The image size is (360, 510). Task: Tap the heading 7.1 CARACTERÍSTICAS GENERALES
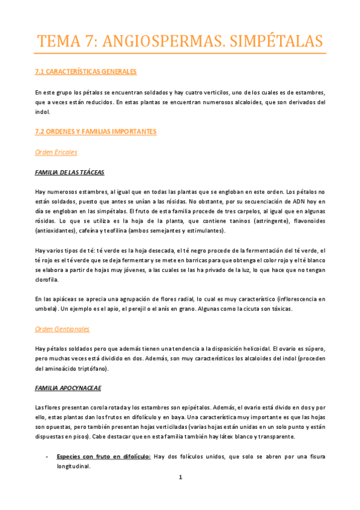click(87, 72)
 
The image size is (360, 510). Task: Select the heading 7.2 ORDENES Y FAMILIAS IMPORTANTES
click(96, 131)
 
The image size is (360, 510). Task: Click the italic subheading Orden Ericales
click(56, 152)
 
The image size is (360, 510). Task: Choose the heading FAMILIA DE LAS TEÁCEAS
click(70, 173)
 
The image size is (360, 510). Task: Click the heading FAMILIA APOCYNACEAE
click(67, 388)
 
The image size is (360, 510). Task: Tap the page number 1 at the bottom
click(180, 478)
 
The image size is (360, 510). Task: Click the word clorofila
click(47, 280)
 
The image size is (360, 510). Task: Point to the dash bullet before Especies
click(47, 457)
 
